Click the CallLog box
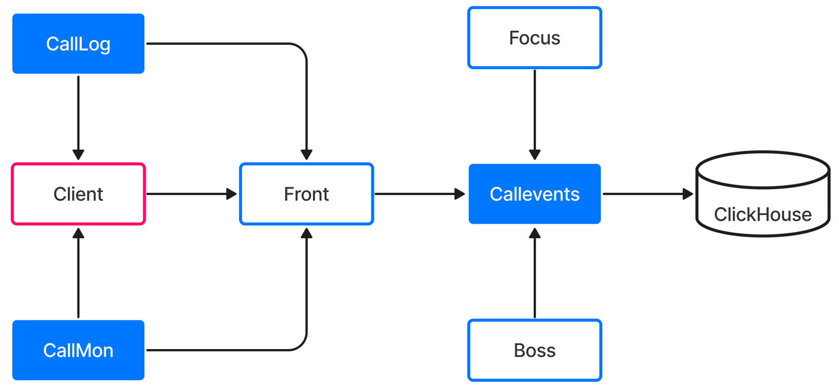tap(78, 44)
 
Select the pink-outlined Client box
tap(78, 194)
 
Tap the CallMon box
tap(78, 350)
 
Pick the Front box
tap(307, 194)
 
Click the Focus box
tap(534, 38)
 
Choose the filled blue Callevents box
tap(534, 194)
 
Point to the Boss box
tap(534, 350)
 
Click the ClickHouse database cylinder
tap(763, 194)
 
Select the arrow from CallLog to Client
tap(78, 118)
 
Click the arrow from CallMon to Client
tap(78, 273)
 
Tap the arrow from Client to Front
tap(191, 194)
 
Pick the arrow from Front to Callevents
tap(420, 194)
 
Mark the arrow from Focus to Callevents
tap(534, 115)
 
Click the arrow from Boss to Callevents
tap(534, 273)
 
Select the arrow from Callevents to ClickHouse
tap(648, 194)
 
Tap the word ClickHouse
tap(763, 214)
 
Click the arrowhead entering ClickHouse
tap(688, 194)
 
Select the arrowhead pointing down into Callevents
tap(534, 155)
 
